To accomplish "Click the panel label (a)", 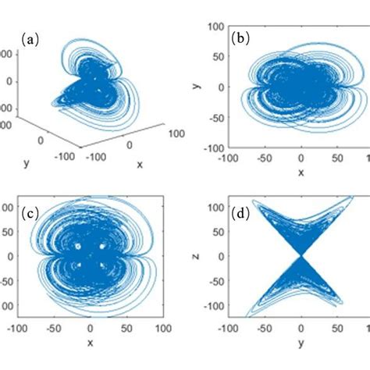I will [x=30, y=38].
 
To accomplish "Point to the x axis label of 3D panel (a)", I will [x=139, y=165].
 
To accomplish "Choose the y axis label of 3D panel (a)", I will [x=26, y=163].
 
